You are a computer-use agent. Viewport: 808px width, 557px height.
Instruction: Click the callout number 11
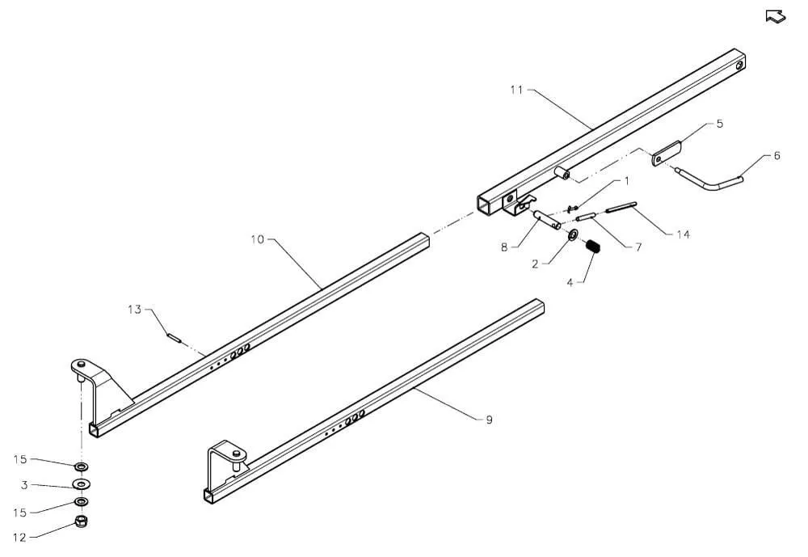(x=516, y=91)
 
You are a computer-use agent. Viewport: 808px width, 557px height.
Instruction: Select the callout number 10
(x=257, y=240)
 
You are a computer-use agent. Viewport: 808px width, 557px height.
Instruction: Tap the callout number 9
(x=489, y=420)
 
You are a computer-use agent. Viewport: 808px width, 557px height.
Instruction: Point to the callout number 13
(x=134, y=310)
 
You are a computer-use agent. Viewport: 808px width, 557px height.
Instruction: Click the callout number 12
(x=19, y=538)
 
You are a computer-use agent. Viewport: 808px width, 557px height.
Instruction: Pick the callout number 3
(x=24, y=485)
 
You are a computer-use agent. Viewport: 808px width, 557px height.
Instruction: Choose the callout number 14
(x=683, y=235)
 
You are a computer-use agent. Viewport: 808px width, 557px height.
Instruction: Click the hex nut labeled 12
(x=81, y=521)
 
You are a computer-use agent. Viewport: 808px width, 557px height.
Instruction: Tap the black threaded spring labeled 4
(x=593, y=247)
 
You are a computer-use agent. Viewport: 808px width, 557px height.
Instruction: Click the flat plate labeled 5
(x=667, y=154)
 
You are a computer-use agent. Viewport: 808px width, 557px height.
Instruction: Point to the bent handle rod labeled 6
(x=713, y=180)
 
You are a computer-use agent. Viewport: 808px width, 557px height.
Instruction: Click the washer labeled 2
(x=573, y=236)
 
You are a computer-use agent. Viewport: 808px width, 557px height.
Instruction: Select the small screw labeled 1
(x=570, y=209)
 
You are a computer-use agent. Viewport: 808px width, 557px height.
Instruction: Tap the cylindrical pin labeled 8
(x=547, y=219)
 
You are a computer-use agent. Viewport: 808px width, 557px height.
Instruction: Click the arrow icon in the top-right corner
(x=776, y=16)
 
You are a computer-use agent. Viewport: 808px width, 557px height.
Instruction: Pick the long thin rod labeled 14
(x=621, y=207)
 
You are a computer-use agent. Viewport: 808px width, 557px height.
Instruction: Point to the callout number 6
(x=777, y=155)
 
